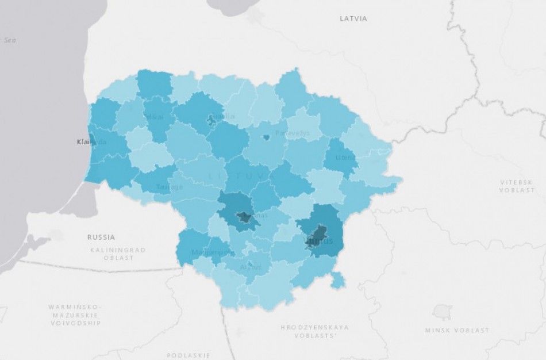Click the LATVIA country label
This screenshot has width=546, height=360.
[353, 18]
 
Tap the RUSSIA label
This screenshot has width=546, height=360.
[101, 237]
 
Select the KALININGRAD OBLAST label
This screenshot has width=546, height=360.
[118, 254]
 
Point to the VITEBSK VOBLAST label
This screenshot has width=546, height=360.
[517, 186]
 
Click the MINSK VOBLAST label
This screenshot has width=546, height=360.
[457, 330]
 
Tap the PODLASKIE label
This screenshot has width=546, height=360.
[189, 355]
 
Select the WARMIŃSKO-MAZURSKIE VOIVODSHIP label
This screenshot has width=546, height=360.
[75, 315]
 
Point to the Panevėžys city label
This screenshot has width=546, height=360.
[292, 133]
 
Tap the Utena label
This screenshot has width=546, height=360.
[346, 157]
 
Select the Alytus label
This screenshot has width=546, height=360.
[251, 267]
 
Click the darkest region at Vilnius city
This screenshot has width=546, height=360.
[318, 234]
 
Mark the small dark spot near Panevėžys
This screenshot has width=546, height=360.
[267, 137]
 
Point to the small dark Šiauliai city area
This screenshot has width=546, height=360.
[211, 120]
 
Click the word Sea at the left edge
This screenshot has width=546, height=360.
[9, 40]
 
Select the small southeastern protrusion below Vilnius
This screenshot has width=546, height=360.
[338, 280]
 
